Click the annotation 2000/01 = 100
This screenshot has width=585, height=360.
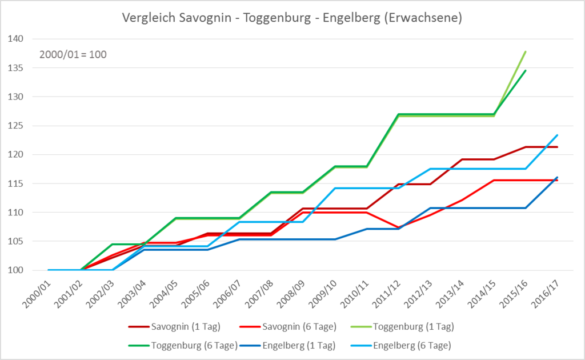pos(73,55)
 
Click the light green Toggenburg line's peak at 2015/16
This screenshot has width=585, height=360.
pos(526,51)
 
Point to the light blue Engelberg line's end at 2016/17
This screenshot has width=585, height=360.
pos(557,135)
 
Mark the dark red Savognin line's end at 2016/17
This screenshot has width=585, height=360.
pos(557,147)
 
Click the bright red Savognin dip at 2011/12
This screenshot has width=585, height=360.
pos(398,227)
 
